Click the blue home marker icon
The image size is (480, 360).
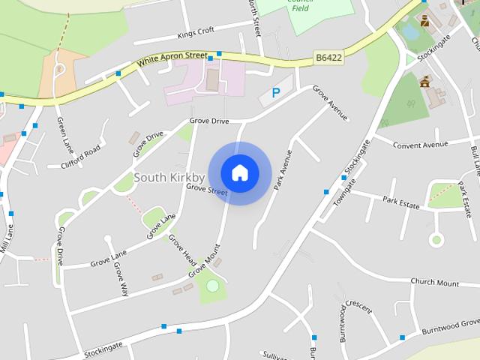(x=240, y=172)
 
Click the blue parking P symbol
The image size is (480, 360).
(x=275, y=94)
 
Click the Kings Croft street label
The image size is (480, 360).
(x=196, y=31)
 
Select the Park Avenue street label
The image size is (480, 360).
(x=282, y=169)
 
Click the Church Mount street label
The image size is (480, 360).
(x=434, y=283)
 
